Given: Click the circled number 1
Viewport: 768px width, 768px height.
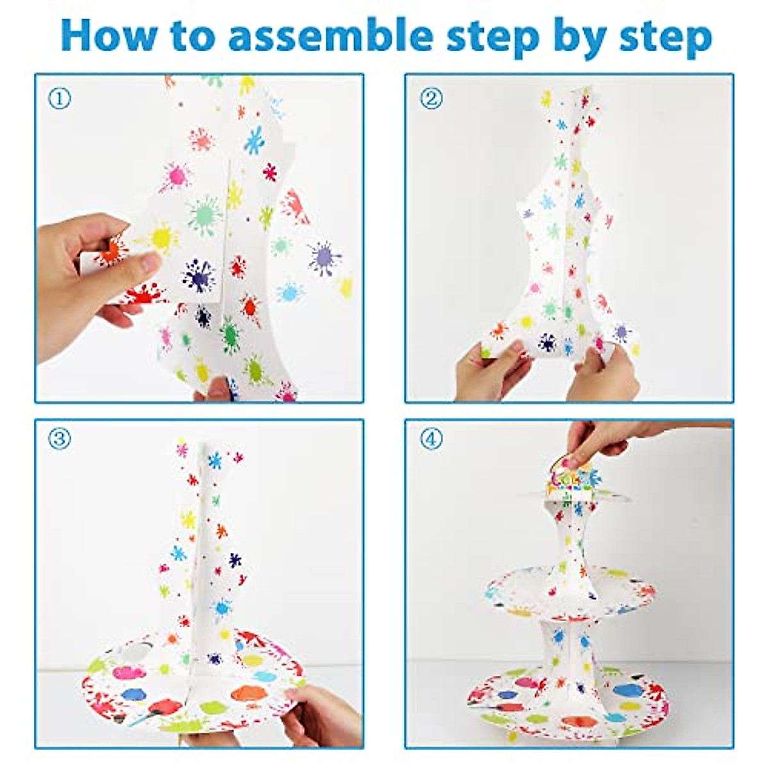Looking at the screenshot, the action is point(60,99).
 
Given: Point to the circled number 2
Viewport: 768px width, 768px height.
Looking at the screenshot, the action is point(431,99).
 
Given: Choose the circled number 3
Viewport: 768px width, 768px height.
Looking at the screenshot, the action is point(60,439).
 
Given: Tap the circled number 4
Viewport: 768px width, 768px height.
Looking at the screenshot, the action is point(431,439).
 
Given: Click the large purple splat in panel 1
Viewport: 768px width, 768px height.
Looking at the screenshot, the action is point(324,258).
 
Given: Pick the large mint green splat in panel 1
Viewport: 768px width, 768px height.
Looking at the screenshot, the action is point(204,216).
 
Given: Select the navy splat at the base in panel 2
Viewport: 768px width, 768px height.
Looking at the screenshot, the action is point(547,342).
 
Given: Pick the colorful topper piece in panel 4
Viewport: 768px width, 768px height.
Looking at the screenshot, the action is point(573,480).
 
